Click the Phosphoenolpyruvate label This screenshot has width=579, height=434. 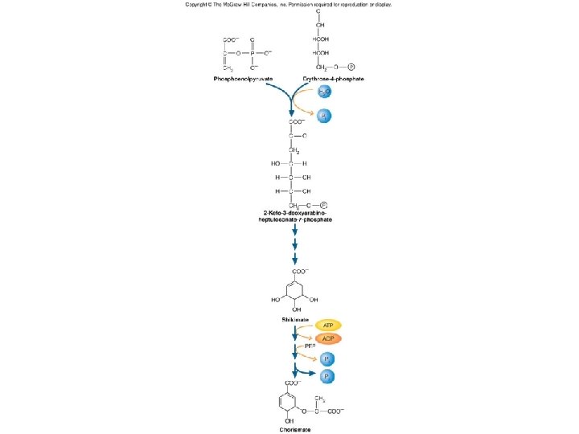pos(243,79)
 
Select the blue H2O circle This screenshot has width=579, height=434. pos(322,93)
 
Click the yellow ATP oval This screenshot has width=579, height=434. pos(328,325)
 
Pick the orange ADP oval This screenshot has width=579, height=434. pos(328,338)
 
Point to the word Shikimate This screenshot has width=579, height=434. pos(295,319)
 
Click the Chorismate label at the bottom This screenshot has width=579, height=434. pos(295,430)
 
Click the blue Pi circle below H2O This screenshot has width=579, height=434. pos(322,117)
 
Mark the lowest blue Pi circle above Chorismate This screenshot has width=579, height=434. pos(327,376)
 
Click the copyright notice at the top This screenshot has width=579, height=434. pos(289,4)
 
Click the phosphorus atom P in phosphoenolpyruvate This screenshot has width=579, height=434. pos(252,53)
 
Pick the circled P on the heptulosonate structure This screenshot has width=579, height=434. pos(323,205)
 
